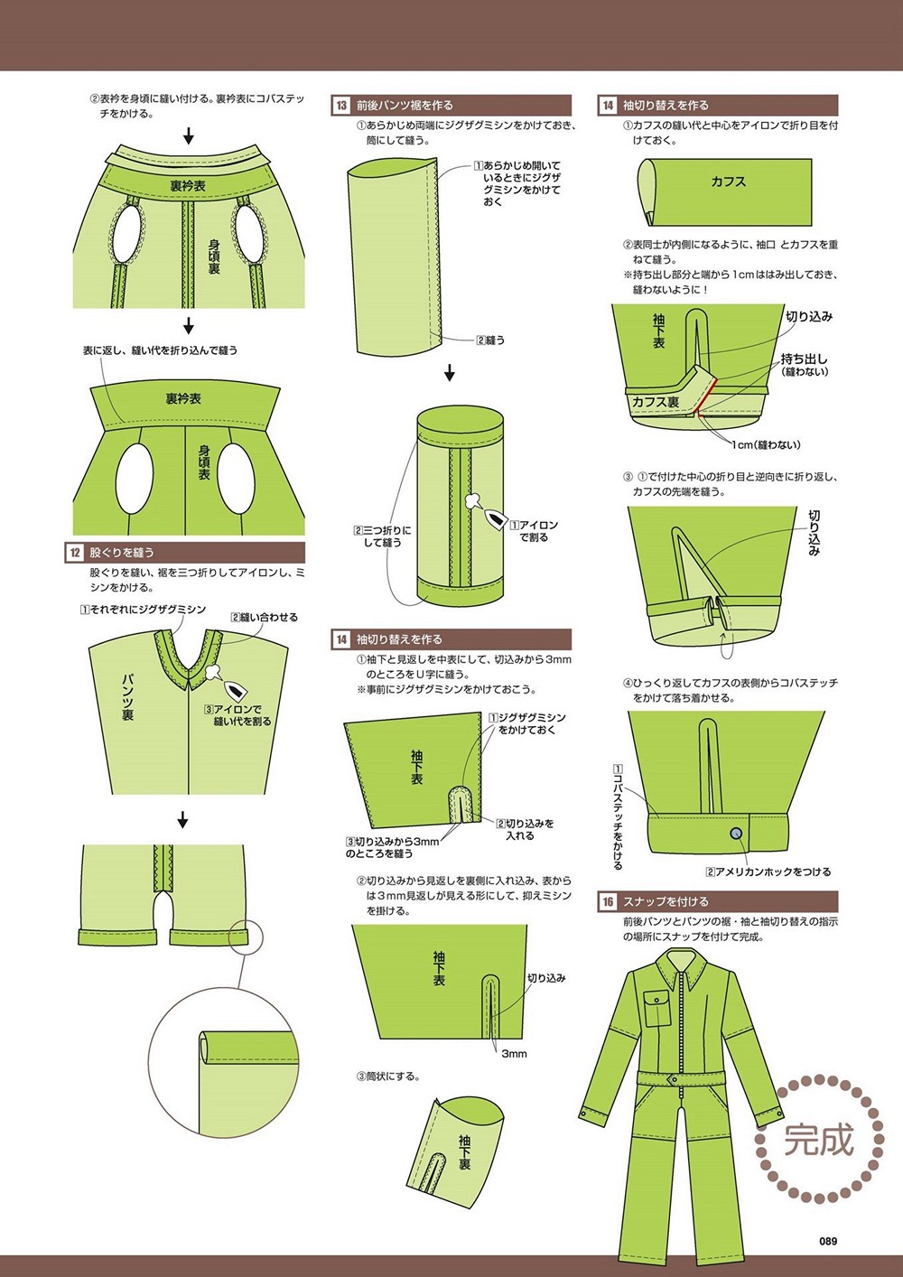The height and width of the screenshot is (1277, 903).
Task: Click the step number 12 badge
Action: tap(75, 553)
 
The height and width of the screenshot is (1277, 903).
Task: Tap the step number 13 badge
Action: tap(341, 106)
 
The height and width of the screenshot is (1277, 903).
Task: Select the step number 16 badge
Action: tap(608, 902)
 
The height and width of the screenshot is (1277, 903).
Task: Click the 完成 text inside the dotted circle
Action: tap(819, 1139)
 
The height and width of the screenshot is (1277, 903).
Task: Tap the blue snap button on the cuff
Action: tap(736, 834)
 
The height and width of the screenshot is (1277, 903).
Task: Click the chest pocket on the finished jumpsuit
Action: tap(656, 1001)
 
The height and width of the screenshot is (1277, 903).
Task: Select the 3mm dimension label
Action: tap(514, 1054)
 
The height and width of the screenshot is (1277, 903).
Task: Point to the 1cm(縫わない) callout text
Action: tap(766, 444)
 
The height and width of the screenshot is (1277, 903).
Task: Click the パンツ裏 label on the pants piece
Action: tap(127, 697)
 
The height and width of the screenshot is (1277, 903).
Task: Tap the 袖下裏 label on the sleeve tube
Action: tap(465, 1152)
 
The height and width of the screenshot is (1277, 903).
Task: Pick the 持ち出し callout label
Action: tap(804, 359)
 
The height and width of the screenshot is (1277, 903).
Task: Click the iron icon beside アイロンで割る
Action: tap(494, 518)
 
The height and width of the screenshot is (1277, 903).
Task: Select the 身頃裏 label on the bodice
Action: tap(214, 256)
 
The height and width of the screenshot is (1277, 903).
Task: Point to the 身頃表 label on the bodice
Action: tap(204, 461)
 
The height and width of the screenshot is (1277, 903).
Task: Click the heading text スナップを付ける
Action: tap(666, 902)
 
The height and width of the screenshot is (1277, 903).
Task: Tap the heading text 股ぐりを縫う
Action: tap(121, 553)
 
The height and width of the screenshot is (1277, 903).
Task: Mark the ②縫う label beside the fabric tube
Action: tap(490, 340)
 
